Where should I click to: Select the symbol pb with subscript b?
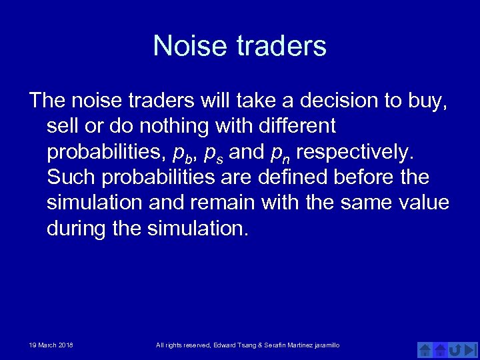[x=181, y=153]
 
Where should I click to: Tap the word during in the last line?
[x=76, y=229]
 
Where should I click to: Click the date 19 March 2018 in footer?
[x=51, y=345]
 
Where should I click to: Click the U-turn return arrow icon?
[x=455, y=349]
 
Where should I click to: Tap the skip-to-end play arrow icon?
[x=471, y=349]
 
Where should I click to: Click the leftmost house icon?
[x=424, y=349]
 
